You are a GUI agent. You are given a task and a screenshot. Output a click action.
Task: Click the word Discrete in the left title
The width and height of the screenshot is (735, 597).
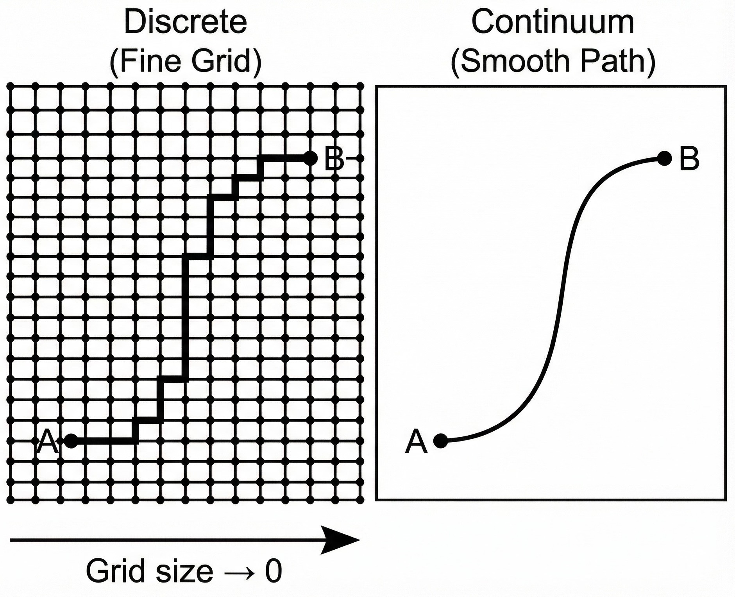[185, 22]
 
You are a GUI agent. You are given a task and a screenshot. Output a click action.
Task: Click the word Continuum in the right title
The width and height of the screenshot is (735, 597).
[553, 22]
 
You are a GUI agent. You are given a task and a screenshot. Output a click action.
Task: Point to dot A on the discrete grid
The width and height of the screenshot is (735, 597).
[71, 441]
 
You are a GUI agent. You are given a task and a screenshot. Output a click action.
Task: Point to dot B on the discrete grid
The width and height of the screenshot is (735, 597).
[310, 158]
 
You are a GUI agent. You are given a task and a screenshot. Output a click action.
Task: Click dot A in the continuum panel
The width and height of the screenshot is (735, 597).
[441, 441]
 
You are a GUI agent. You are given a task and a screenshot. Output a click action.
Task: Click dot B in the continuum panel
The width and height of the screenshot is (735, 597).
[664, 158]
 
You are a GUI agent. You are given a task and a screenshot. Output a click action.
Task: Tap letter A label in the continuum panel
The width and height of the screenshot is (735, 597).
[416, 442]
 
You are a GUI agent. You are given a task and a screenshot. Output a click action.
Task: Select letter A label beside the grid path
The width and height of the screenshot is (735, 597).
[46, 442]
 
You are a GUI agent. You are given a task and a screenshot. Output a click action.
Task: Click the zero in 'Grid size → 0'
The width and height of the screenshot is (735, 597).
[273, 571]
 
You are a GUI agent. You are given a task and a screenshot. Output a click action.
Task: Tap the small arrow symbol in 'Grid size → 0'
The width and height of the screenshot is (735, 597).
[239, 572]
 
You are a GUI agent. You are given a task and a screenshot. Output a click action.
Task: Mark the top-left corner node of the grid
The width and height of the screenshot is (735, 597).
[10, 86]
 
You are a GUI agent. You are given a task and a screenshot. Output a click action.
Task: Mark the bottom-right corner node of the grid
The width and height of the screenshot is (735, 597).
[360, 500]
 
